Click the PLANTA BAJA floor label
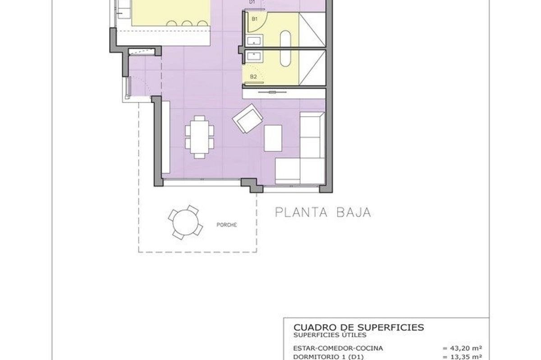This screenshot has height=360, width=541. click(323, 212)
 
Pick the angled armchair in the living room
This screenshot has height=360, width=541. click(247, 118)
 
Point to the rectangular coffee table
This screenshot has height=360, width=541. click(273, 138)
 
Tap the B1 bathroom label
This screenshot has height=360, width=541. click(255, 19)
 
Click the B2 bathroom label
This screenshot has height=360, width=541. click(253, 77)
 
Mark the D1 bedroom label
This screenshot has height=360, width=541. click(252, 2)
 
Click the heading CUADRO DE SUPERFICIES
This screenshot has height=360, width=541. click(358, 327)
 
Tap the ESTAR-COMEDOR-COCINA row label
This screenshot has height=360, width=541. click(338, 348)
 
